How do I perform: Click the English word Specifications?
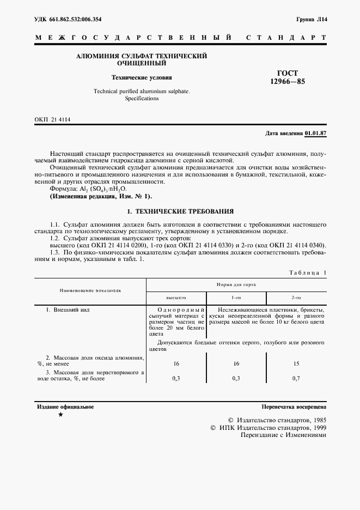142,99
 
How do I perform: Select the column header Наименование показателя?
90,290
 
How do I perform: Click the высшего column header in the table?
176,298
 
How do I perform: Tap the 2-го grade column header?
296,298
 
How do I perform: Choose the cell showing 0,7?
296,378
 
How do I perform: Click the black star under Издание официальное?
60,415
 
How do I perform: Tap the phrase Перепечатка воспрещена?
294,406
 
